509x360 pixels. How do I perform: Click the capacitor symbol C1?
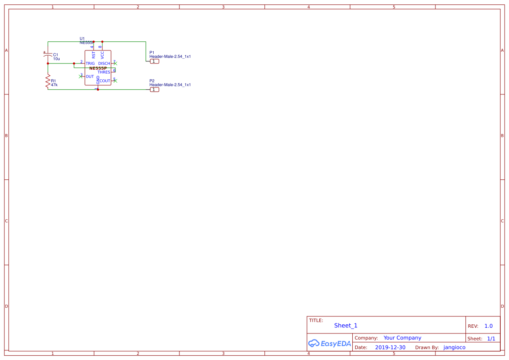48,56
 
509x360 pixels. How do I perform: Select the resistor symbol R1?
48,81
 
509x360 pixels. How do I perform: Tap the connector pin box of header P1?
154,61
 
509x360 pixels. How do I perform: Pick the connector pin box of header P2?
154,90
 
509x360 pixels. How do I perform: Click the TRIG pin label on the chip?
90,64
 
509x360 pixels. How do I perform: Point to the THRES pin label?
104,72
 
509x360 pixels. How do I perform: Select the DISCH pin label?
104,64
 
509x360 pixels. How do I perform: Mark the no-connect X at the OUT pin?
81,76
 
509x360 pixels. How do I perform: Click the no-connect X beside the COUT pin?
116,81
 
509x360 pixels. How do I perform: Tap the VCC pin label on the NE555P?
102,55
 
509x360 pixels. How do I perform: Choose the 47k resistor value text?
54,85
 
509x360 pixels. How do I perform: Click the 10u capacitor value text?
57,59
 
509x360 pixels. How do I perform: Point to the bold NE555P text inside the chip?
98,68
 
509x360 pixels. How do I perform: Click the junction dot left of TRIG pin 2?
74,64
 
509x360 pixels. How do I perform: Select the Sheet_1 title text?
346,326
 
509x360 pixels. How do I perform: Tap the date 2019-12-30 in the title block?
390,347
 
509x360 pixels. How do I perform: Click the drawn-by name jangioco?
454,347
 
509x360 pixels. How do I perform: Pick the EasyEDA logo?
329,343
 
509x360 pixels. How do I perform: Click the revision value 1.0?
489,326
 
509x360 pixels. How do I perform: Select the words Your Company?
402,338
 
